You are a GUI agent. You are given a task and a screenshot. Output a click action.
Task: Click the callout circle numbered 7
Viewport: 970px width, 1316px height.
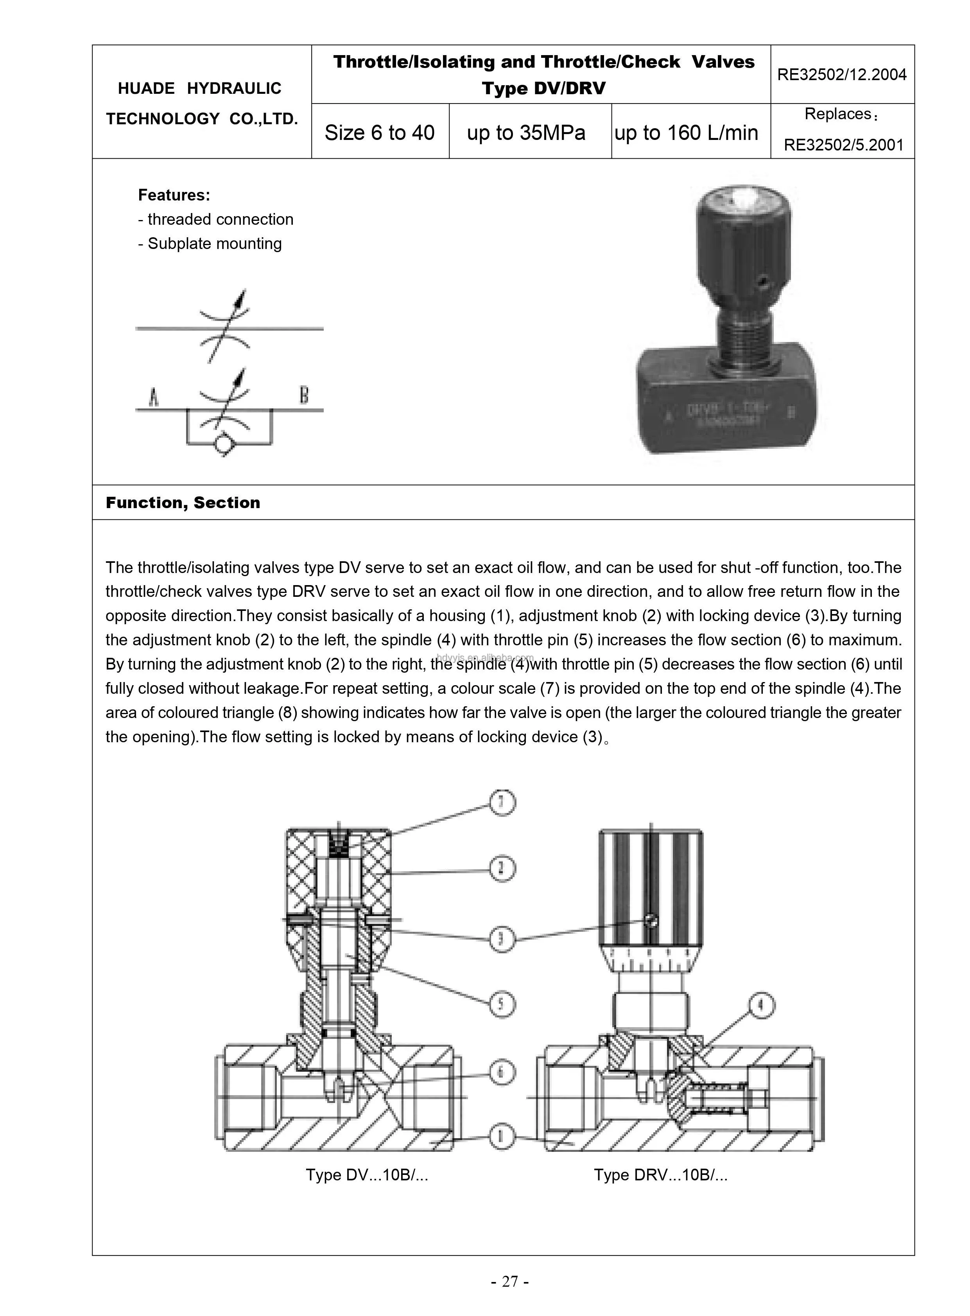(x=503, y=803)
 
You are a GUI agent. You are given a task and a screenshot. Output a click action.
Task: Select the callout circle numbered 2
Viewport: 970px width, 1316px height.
(x=503, y=869)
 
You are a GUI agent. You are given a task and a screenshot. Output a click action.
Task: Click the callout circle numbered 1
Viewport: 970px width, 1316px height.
(x=503, y=1137)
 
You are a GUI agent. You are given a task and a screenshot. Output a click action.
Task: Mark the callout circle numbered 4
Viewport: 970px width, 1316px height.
(x=762, y=1006)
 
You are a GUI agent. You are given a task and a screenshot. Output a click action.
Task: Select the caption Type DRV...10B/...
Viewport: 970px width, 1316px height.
(x=661, y=1175)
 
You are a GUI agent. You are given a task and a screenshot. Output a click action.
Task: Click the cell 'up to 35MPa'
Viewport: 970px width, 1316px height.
(x=526, y=132)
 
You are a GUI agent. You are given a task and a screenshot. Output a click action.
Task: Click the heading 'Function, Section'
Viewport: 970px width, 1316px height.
(x=183, y=503)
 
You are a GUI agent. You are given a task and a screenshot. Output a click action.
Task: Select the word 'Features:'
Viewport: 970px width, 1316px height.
(x=174, y=195)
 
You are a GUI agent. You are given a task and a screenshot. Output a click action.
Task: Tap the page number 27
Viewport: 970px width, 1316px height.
(x=510, y=1281)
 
